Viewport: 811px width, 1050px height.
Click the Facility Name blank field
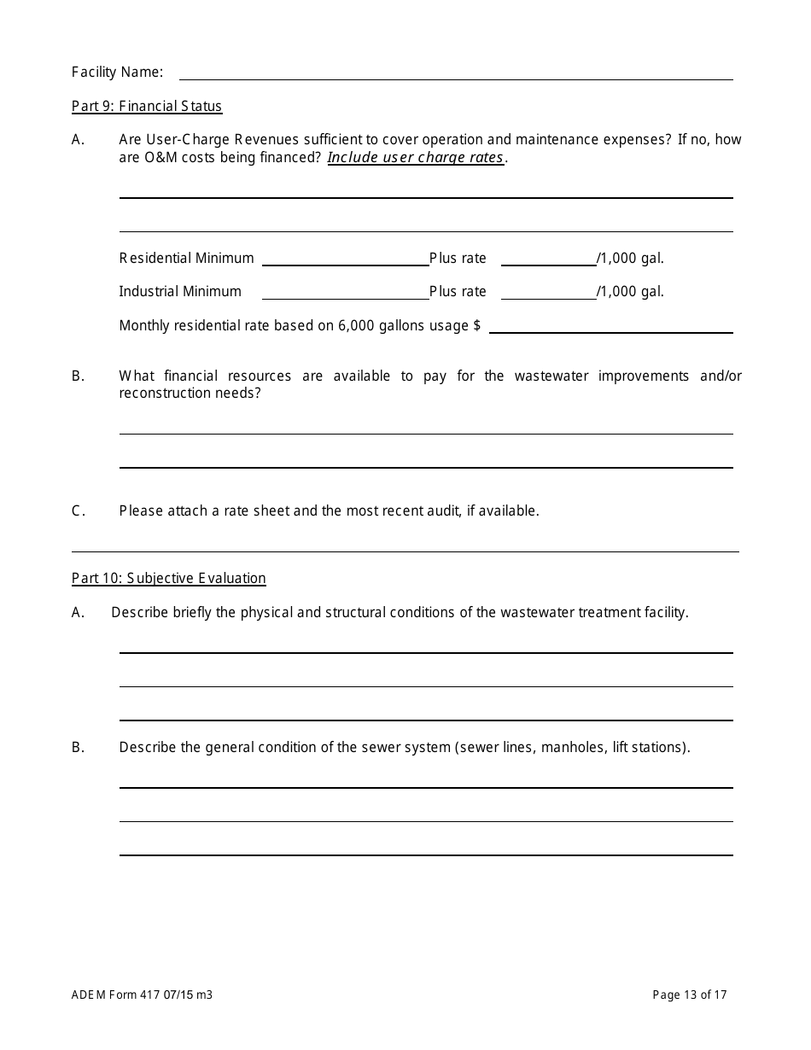pos(455,73)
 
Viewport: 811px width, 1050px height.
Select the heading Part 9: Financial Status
pos(147,107)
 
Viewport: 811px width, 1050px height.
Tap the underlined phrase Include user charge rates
pos(416,158)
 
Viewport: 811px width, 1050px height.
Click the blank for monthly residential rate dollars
pos(610,326)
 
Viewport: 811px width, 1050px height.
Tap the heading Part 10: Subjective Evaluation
pos(169,579)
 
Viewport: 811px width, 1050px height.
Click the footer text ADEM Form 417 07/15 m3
pos(142,995)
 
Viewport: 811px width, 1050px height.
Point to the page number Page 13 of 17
pos(690,995)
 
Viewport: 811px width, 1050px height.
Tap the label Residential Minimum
pos(186,259)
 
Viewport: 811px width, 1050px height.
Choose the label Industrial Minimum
pos(180,292)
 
